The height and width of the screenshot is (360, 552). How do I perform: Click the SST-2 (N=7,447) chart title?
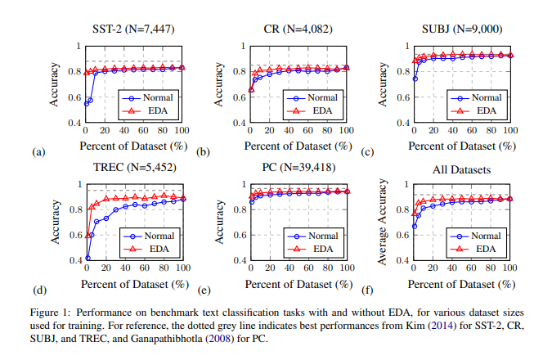pos(133,29)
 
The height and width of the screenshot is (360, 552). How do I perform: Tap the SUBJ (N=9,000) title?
pos(461,29)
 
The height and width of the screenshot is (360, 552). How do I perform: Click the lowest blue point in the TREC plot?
pos(88,258)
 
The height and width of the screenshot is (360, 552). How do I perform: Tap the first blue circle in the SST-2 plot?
pos(86,104)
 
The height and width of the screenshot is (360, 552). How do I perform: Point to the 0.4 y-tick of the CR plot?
pos(238,124)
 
